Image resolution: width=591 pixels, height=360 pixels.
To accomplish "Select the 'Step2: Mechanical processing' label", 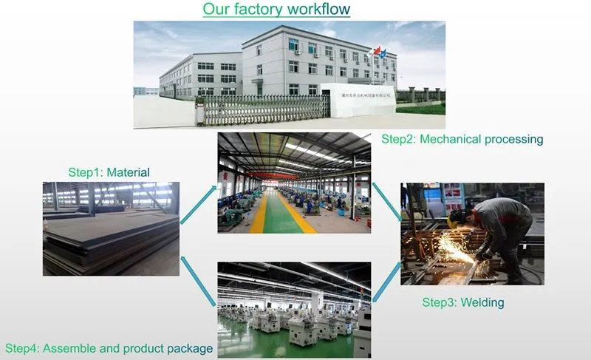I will pos(462,139).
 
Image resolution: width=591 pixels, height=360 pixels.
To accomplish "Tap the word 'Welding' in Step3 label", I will pos(483,302).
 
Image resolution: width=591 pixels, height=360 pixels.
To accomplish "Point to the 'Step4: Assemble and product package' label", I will pos(109,347).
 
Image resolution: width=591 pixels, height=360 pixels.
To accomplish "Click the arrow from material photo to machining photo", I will pos(199,203).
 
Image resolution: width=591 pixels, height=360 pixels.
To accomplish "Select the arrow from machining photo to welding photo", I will pos(385,200).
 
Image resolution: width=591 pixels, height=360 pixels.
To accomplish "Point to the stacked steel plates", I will pos(111,248).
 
